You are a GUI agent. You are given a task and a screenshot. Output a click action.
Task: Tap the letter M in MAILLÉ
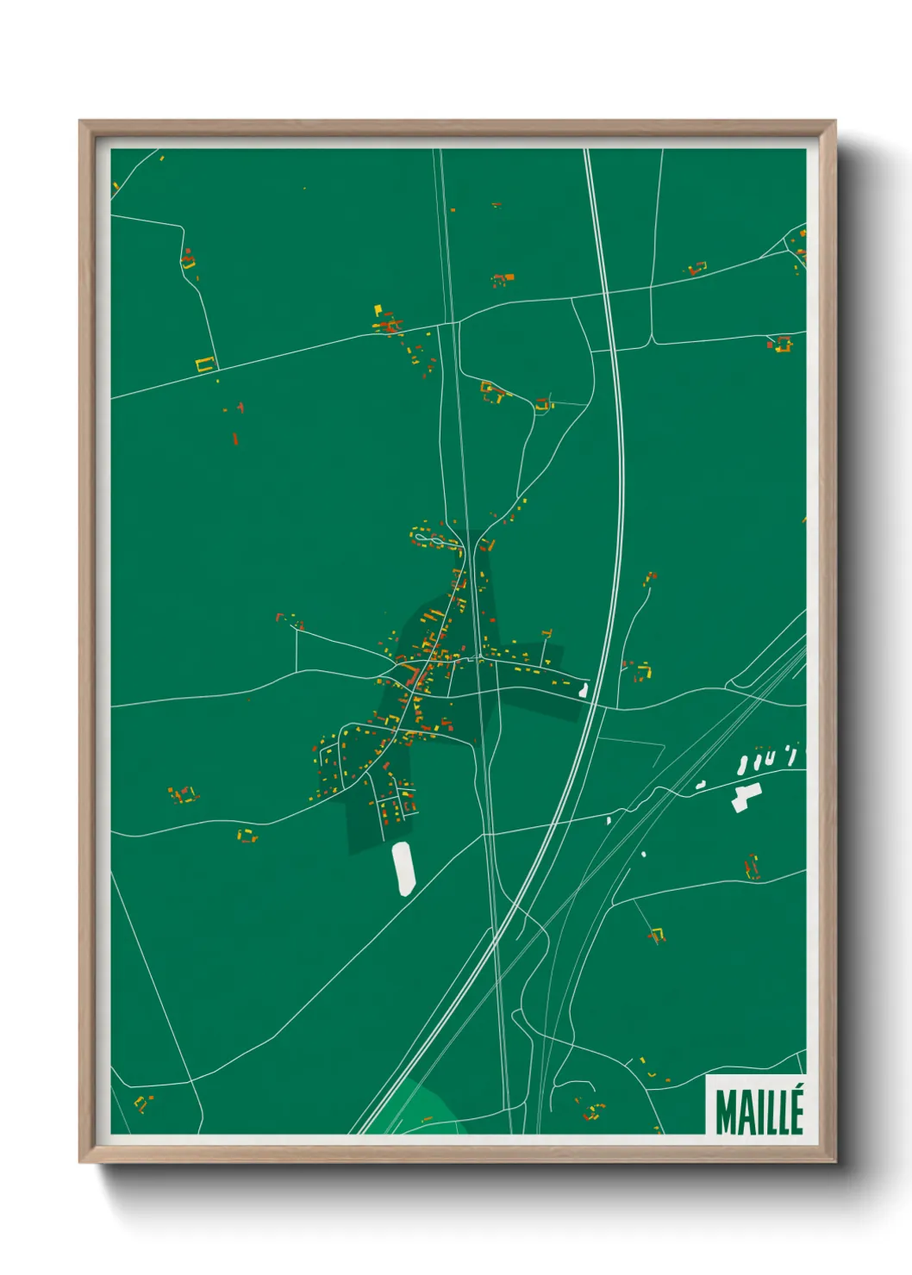725,1112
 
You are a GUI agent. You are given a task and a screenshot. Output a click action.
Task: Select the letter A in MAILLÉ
744,1112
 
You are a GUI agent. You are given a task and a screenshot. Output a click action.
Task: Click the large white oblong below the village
403,868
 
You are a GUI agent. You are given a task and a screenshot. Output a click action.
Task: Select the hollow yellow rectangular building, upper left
204,364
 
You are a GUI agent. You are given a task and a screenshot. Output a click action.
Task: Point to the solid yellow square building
378,308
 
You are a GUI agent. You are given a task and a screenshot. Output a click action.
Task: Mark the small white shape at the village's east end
584,689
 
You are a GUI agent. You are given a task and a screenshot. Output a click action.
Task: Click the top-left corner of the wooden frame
81,122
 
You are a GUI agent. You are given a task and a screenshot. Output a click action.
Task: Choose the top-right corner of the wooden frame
834,122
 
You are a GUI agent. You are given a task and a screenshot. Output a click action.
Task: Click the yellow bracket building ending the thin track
657,933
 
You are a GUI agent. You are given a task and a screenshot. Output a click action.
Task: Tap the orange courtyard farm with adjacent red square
781,344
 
